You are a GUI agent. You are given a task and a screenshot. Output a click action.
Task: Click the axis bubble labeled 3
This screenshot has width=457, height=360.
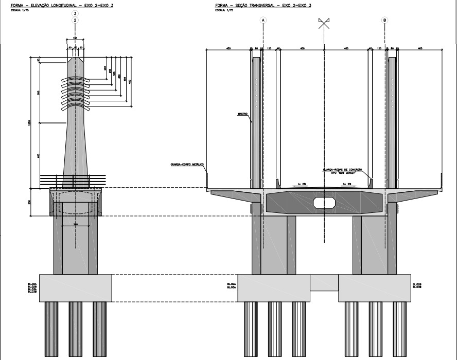click(76, 13)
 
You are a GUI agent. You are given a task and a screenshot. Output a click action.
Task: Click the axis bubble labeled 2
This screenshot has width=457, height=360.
click(76, 20)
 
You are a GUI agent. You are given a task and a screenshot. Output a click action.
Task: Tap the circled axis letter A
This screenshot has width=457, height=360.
click(263, 20)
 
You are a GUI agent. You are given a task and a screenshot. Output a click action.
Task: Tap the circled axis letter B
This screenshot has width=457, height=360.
click(385, 20)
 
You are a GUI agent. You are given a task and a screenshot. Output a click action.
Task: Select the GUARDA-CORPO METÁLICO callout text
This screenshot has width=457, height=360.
click(187, 165)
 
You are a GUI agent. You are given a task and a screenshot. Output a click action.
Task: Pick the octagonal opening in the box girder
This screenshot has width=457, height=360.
click(325, 202)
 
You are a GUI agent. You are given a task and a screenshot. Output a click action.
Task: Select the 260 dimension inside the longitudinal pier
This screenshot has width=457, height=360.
click(75, 224)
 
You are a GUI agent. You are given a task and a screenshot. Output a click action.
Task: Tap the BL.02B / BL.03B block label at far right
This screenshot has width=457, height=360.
click(417, 285)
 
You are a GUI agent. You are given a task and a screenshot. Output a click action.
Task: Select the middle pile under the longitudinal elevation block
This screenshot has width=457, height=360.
click(76, 329)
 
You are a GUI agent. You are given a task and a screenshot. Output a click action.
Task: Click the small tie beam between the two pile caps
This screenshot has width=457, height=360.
click(324, 282)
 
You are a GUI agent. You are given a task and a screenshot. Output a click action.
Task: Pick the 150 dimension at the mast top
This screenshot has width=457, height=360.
click(75, 38)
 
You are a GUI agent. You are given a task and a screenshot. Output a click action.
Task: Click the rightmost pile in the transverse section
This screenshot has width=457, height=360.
click(400, 329)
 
